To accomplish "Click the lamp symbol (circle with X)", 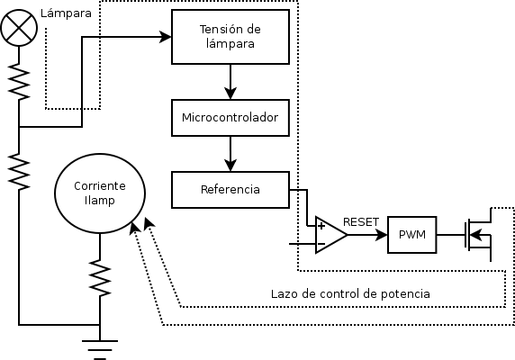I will tap(18, 28).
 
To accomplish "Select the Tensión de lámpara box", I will tap(230, 37).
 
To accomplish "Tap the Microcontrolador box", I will tap(230, 117).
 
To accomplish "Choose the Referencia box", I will tap(230, 189).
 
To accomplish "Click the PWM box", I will tap(411, 235).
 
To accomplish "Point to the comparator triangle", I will tap(330, 236).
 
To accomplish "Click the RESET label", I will tap(361, 221).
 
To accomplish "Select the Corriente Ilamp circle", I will tap(100, 192).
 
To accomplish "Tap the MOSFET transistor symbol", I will tap(476, 235).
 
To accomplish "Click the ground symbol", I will tap(100, 346).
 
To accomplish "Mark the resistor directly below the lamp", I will tap(18, 83).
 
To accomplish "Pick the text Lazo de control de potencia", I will tap(350, 293).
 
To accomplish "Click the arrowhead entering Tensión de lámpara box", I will tap(166, 37).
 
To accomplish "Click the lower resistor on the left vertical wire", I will tap(18, 171).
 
